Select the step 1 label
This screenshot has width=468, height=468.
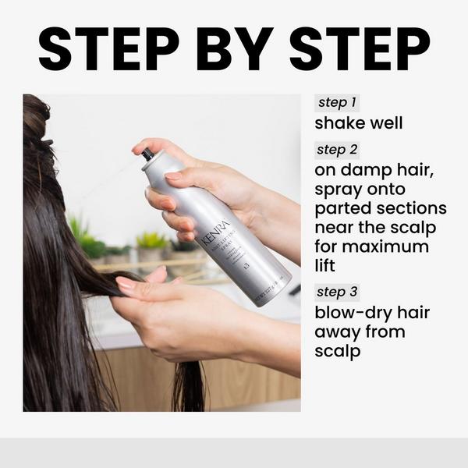point(337,103)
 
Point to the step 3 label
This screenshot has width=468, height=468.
point(338,292)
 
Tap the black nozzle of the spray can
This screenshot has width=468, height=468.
point(147,154)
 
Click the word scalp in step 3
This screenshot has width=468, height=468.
point(337,352)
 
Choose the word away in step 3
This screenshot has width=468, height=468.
point(339,333)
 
